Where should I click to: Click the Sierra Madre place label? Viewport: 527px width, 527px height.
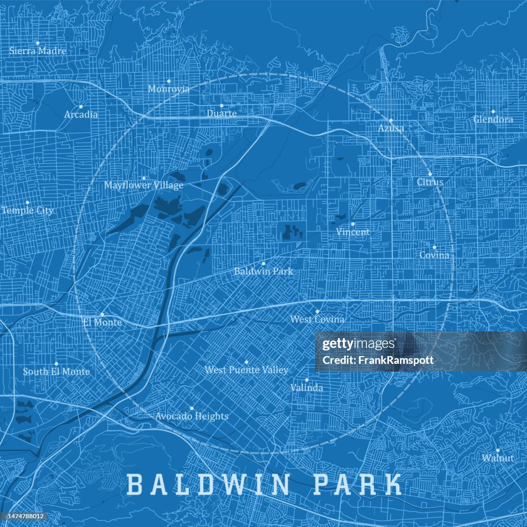coord(38,51)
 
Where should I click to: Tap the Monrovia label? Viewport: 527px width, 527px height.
coord(169,89)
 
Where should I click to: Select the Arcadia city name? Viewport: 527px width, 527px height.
coord(81,114)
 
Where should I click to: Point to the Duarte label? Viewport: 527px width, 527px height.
coord(222,113)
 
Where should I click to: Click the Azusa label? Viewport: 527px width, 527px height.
coord(391,128)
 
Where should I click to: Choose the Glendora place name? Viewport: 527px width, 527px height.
coord(493,119)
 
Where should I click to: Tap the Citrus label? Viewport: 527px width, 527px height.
coord(430,182)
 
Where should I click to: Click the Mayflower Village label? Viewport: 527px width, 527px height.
coord(144,185)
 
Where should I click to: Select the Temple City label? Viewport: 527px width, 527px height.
coord(27,210)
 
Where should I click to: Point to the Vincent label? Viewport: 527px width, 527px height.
coord(353,232)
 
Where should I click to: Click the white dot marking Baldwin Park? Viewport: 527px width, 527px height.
coord(263,263)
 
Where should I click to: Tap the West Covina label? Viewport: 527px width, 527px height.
coord(317,320)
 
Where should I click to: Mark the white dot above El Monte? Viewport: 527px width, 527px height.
coord(102,314)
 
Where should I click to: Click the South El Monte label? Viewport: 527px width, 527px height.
coord(56,372)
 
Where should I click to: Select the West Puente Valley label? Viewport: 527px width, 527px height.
coord(247,370)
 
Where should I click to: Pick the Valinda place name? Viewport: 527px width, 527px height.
coord(307,388)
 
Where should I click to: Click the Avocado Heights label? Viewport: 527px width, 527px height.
coord(191,416)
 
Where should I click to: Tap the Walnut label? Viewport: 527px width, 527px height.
coord(498,458)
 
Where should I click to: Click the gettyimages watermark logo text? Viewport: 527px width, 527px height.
coord(359,344)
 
